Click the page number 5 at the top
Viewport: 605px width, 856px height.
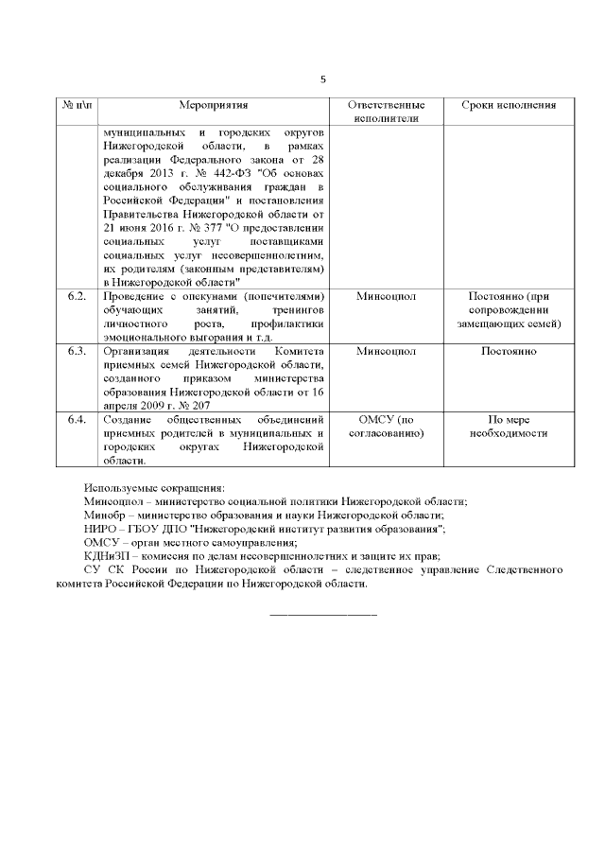(x=322, y=79)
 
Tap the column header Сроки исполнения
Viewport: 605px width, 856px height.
(x=508, y=104)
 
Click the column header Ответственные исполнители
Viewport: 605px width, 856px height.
(x=387, y=112)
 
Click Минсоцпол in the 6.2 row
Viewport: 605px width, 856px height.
(x=387, y=297)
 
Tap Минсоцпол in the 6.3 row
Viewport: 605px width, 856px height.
(x=387, y=351)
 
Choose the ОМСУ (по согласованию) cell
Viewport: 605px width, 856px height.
(x=387, y=426)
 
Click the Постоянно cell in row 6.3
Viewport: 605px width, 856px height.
(x=508, y=351)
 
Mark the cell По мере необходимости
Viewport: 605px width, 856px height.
(x=508, y=426)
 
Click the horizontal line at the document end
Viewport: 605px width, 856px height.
(x=322, y=616)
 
